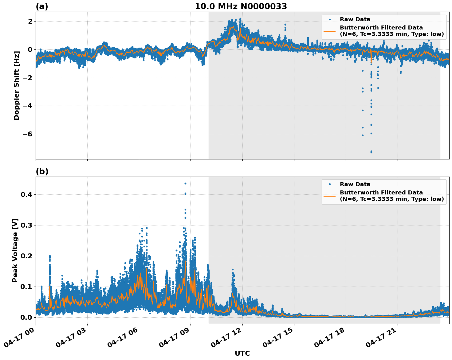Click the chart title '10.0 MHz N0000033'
click(x=241, y=6)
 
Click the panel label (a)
click(x=42, y=6)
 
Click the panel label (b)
click(x=42, y=171)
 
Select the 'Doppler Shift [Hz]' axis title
click(x=17, y=85)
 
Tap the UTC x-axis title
click(x=242, y=353)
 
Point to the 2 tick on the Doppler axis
click(x=30, y=22)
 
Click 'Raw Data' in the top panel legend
click(x=355, y=20)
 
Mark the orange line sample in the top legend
click(x=329, y=31)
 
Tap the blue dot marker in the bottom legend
click(x=330, y=184)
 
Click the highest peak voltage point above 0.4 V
click(x=185, y=183)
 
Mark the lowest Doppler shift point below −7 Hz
click(x=371, y=152)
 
